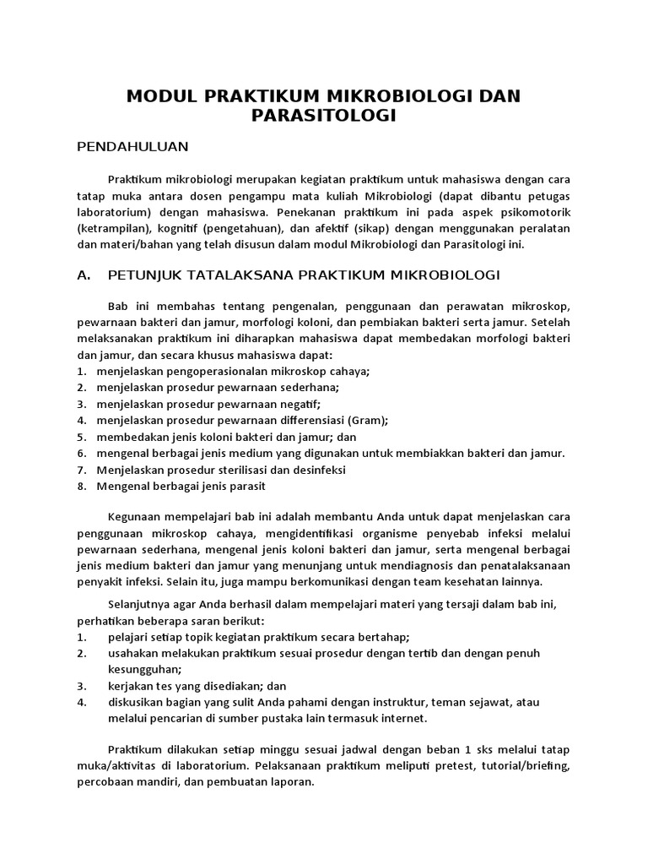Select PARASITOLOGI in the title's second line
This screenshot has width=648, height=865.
pos(324,116)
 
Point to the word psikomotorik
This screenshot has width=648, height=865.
pos(533,211)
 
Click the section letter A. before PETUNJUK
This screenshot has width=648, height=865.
pos(83,275)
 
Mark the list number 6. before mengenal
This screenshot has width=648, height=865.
pos(82,453)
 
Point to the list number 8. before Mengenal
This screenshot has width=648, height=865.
pos(82,486)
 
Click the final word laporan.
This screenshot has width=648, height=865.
pos(293,782)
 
